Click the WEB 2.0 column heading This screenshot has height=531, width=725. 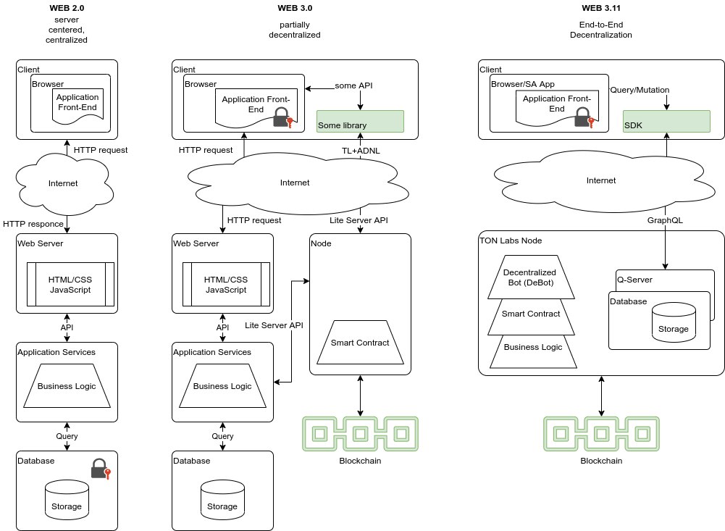[67, 8]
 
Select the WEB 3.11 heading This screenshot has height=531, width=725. [600, 8]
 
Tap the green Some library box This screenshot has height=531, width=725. [360, 121]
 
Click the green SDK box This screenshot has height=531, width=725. [666, 121]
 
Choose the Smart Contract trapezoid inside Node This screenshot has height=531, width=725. [360, 342]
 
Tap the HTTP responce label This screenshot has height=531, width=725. [33, 223]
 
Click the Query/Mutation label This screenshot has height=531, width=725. [640, 90]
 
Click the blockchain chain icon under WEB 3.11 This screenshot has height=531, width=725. [601, 433]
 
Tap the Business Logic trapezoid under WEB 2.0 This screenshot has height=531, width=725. [67, 386]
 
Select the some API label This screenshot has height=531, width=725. [354, 86]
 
